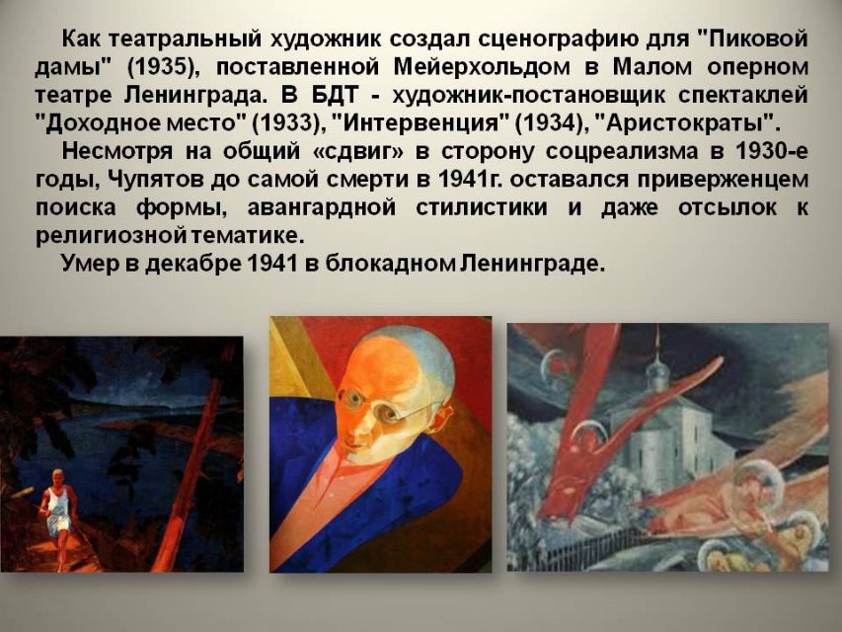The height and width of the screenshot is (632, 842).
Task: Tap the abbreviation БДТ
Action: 335,95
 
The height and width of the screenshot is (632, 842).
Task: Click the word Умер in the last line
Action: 89,263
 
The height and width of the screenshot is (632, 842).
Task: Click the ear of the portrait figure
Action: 444,418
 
